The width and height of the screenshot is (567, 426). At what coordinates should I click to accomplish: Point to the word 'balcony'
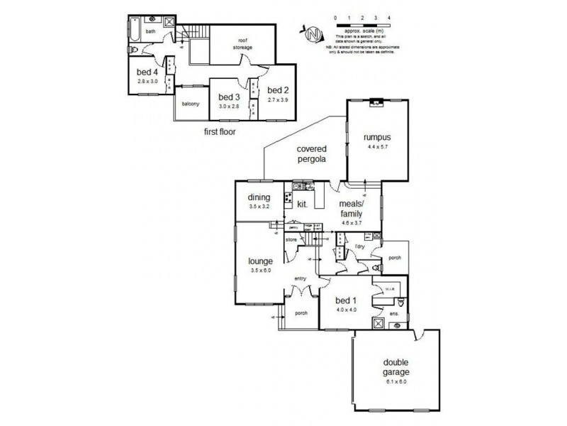click(x=191, y=104)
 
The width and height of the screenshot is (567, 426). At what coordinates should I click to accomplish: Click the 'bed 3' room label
click(x=230, y=97)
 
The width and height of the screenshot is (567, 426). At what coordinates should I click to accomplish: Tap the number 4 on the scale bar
click(x=389, y=16)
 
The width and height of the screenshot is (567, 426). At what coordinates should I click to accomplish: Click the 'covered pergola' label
click(x=311, y=154)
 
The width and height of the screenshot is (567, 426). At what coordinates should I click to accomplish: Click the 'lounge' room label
click(x=260, y=261)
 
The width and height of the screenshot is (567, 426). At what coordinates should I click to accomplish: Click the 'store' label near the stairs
click(x=290, y=240)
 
